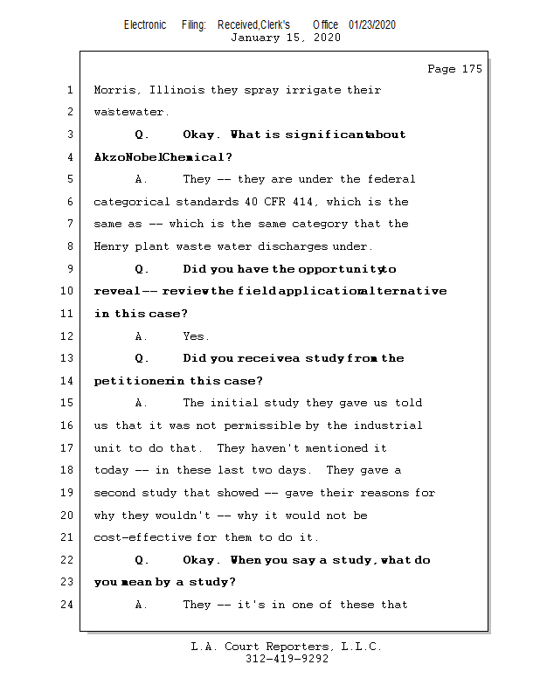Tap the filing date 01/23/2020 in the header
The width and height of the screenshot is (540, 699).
pyautogui.click(x=372, y=25)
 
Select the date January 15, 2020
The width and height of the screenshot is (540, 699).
pyautogui.click(x=286, y=38)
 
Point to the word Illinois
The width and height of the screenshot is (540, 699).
pyautogui.click(x=178, y=90)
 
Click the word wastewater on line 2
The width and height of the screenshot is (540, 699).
pyautogui.click(x=130, y=113)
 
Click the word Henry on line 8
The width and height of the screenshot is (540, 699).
pyautogui.click(x=112, y=247)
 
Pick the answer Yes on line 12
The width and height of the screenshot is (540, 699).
pyautogui.click(x=196, y=336)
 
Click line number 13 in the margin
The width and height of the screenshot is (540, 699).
pyautogui.click(x=68, y=358)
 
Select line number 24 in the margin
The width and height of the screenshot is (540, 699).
pyautogui.click(x=68, y=605)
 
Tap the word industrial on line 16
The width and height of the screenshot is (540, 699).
pyautogui.click(x=388, y=426)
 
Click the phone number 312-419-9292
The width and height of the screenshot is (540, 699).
pyautogui.click(x=287, y=659)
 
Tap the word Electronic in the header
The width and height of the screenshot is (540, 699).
pyautogui.click(x=145, y=25)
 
